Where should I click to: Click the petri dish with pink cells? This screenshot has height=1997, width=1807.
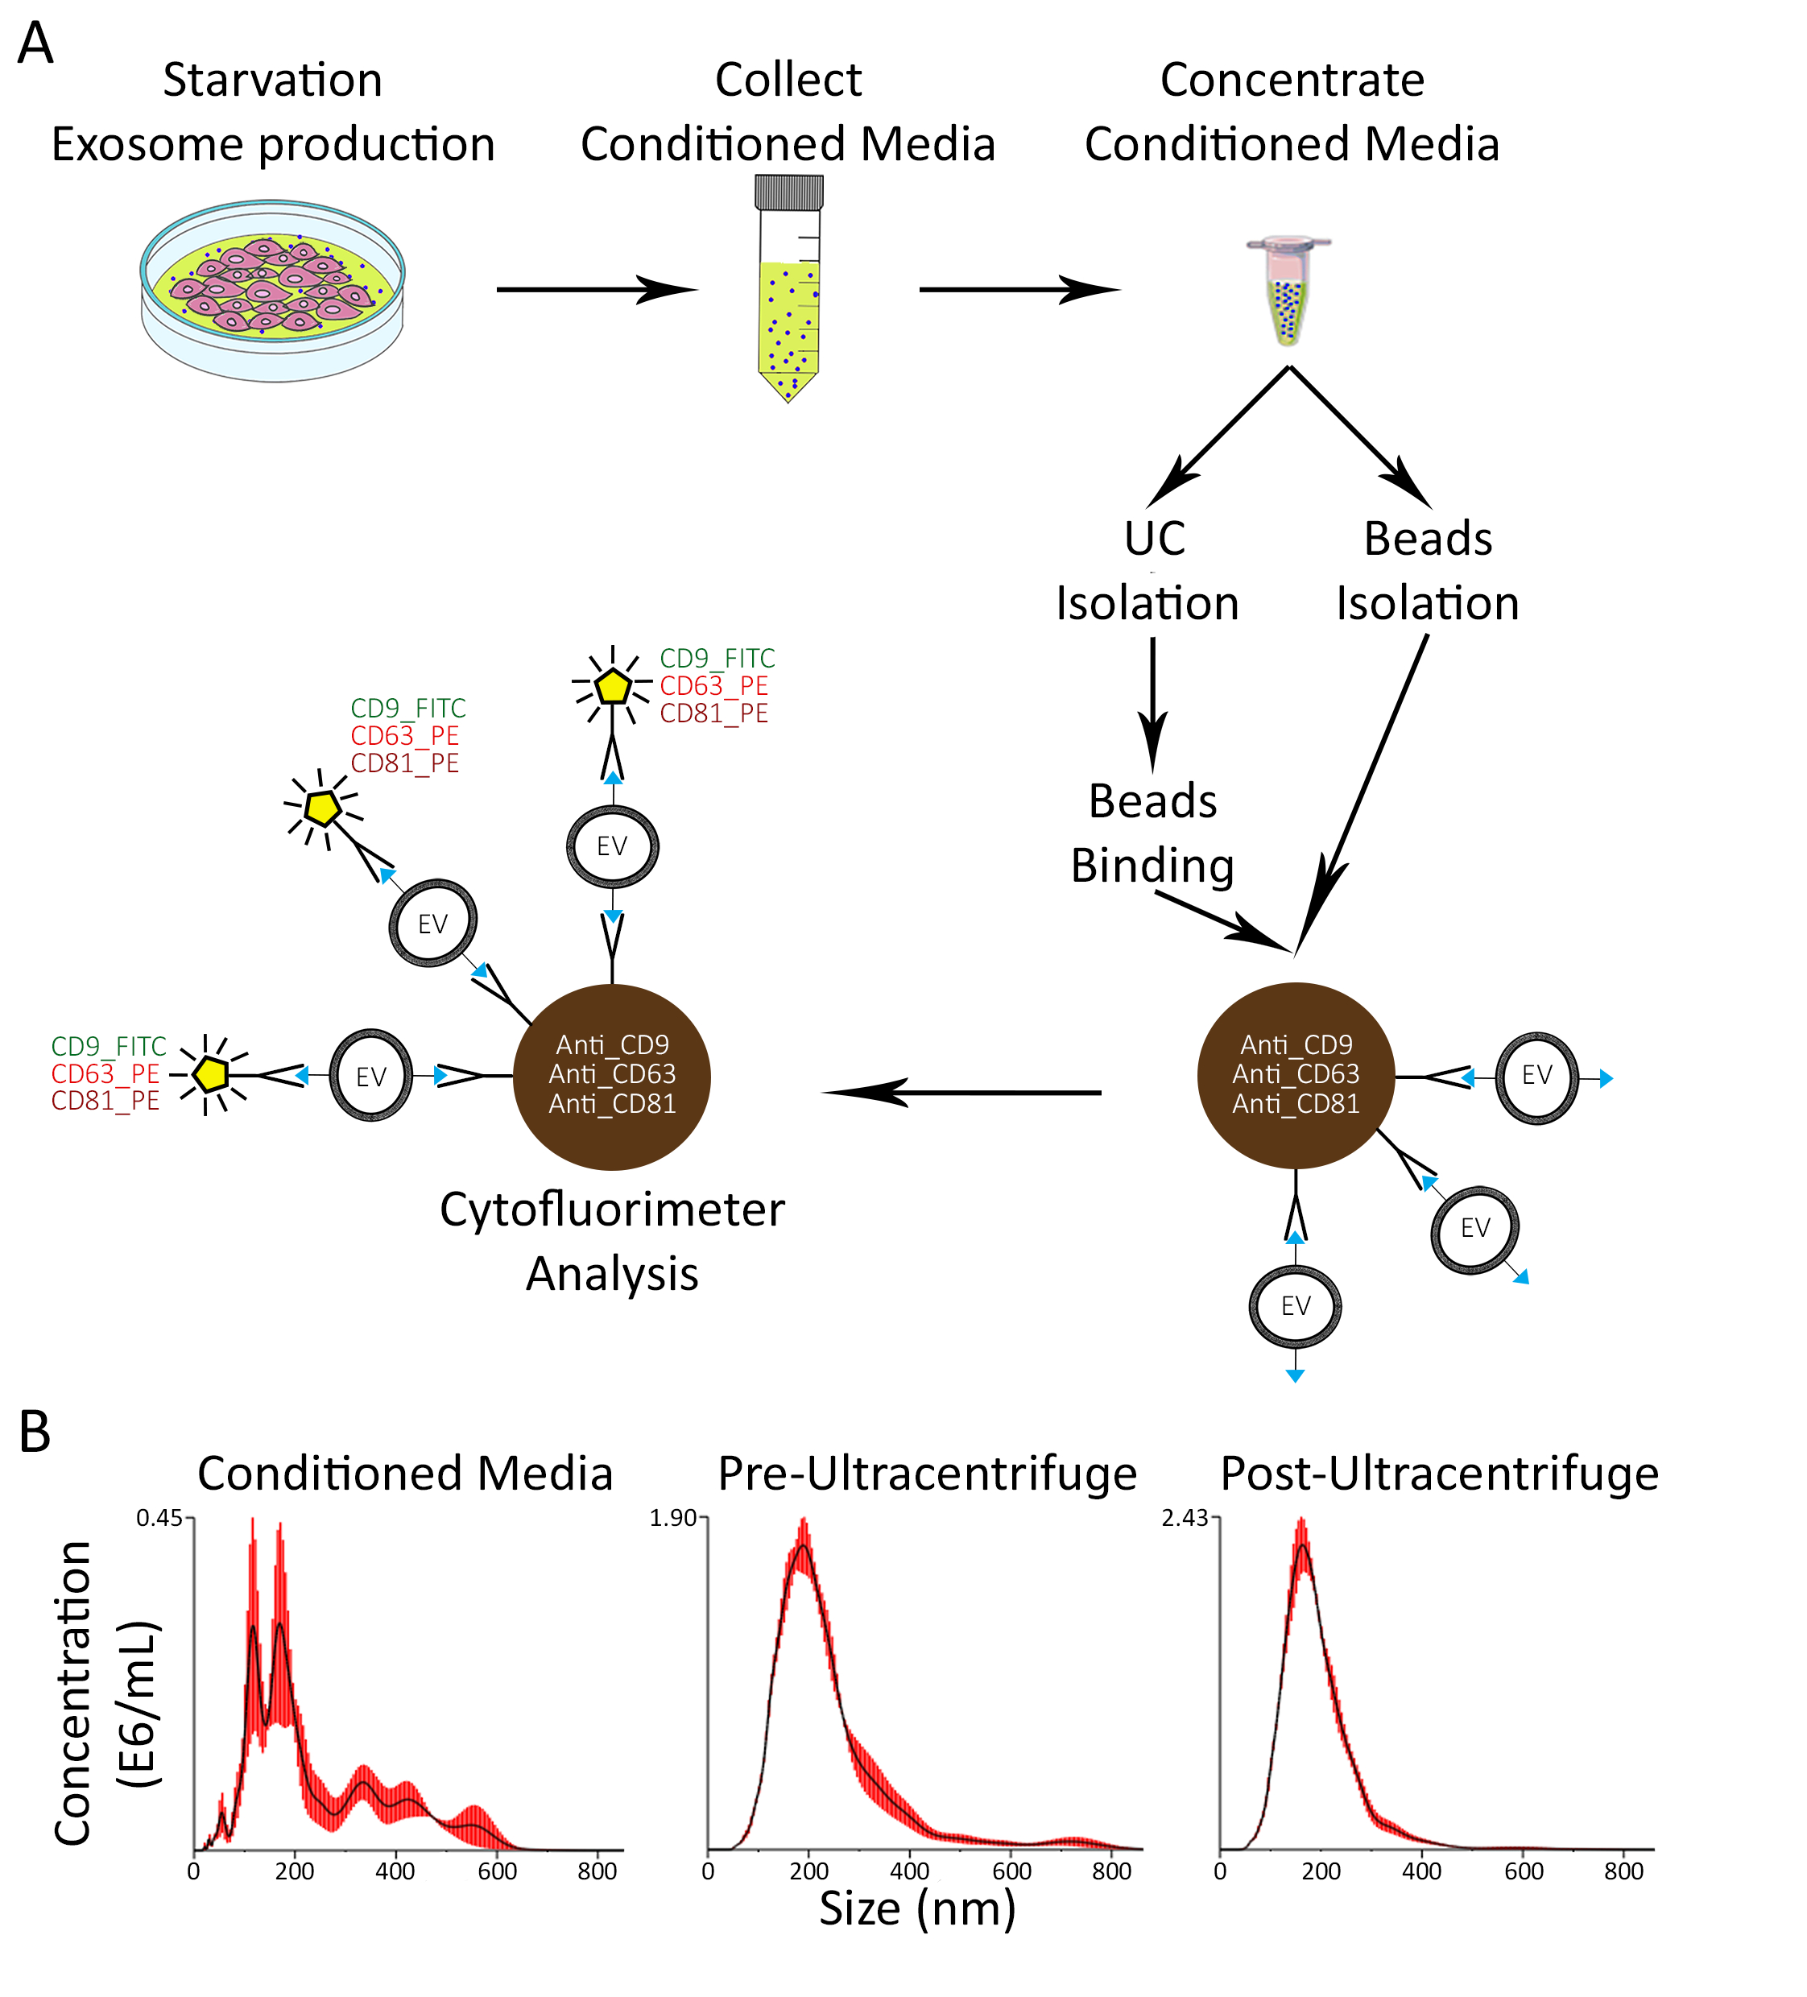click(272, 289)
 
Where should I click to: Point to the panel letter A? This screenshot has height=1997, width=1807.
click(35, 44)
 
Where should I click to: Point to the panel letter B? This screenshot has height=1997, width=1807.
click(35, 1433)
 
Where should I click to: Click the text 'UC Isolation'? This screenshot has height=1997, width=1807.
click(1148, 572)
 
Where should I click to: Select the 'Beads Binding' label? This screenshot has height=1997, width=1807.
click(1152, 833)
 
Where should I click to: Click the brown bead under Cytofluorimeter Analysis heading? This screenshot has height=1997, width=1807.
click(611, 1076)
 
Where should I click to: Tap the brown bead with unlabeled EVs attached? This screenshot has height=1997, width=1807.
click(1296, 1076)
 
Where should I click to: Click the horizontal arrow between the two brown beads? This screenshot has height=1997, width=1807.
click(961, 1092)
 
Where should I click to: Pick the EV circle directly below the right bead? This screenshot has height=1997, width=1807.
click(1295, 1307)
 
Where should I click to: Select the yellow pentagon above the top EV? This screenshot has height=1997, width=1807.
click(614, 685)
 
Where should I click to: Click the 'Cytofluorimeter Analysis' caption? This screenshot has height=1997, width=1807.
click(612, 1241)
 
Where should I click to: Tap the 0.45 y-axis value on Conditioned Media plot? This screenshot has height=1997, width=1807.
click(159, 1519)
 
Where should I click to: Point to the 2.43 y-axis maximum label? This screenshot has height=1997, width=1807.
click(1184, 1519)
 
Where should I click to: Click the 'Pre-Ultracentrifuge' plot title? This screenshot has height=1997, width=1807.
click(928, 1474)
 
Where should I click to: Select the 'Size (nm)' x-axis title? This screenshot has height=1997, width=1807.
click(917, 1907)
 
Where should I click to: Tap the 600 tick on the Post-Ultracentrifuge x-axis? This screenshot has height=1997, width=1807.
click(1523, 1871)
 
